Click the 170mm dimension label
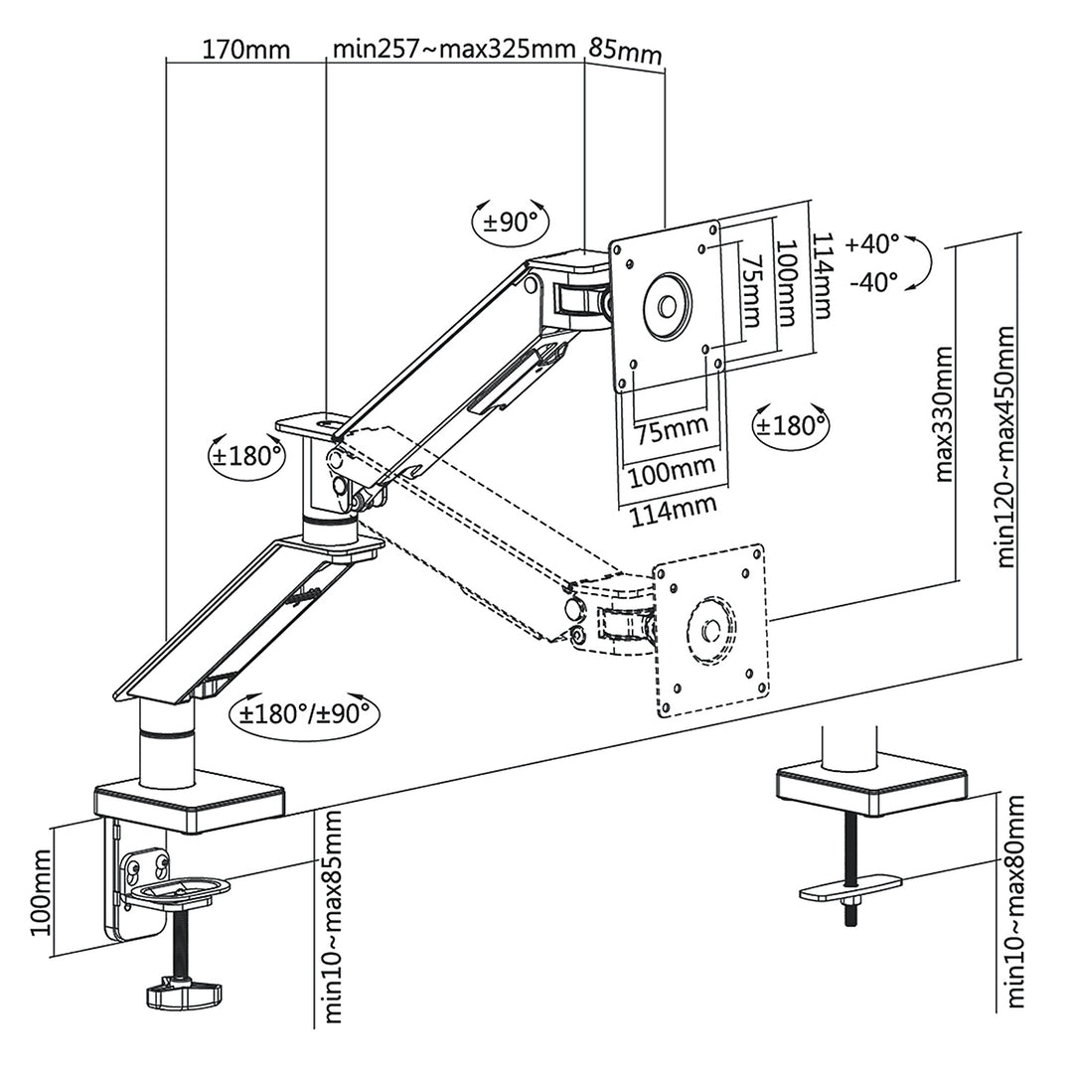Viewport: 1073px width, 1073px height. tap(245, 49)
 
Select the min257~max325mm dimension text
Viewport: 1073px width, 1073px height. tap(454, 49)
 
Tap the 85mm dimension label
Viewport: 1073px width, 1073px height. tap(625, 51)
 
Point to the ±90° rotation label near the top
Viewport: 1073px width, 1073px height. tap(511, 222)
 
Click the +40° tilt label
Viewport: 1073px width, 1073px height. tap(872, 242)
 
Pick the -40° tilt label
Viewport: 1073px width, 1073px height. tap(874, 281)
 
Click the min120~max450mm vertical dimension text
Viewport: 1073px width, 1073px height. tap(1005, 445)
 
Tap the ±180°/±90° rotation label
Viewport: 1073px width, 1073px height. tap(304, 712)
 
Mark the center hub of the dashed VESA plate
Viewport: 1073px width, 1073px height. tap(709, 629)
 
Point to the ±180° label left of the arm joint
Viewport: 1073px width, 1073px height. tap(246, 457)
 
